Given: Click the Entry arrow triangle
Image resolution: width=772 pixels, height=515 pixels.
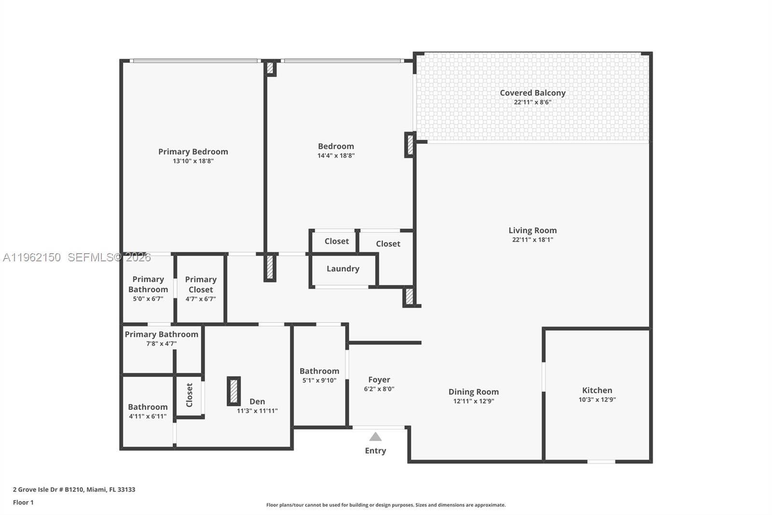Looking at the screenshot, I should point(375,437).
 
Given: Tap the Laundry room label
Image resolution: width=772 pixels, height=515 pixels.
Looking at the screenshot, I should point(343,269).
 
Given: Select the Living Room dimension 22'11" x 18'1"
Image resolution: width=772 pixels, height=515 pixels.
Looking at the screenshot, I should point(532,240).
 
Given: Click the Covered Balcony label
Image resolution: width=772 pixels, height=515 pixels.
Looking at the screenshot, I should point(532,93).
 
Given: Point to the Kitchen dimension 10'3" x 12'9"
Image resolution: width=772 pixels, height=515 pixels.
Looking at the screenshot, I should point(597,400).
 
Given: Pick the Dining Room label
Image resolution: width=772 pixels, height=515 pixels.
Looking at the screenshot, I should point(473,392).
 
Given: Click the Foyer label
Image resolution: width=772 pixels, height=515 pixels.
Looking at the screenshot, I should point(379,380).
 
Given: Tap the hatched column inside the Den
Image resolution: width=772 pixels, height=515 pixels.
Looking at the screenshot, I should point(234,391).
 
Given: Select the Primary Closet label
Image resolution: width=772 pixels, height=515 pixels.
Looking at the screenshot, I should point(201,285).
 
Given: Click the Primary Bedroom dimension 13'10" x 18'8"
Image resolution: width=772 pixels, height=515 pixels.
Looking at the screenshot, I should point(193,161).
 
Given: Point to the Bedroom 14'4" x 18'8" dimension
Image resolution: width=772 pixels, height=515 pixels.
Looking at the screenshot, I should point(336,156).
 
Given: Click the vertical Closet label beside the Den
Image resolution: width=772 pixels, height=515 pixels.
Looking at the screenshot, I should point(189,395).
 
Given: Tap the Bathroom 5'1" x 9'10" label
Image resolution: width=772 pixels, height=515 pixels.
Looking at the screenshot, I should point(319,371).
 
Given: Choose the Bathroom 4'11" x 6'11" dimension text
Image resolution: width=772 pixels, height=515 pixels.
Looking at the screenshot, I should point(148,416).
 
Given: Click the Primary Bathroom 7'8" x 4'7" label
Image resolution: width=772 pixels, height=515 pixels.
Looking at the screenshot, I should point(161,334).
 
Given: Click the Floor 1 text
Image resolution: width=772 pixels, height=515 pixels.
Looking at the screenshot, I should point(23,502).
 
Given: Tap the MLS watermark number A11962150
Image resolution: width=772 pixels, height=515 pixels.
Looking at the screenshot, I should point(32,257).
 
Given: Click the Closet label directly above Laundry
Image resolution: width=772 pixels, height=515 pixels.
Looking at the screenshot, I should point(336,241).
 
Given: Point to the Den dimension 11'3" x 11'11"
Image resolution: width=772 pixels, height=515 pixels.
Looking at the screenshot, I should point(257,411).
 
